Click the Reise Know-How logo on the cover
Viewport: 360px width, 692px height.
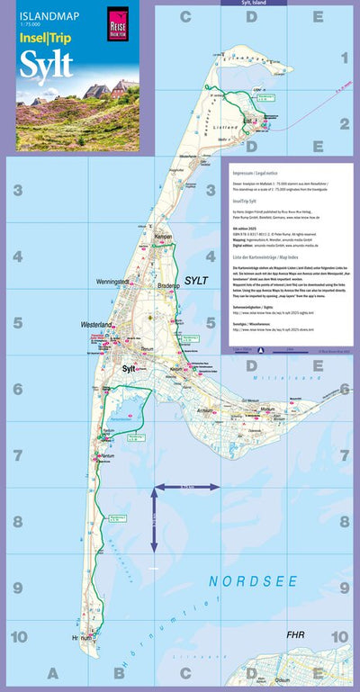(x=117, y=20)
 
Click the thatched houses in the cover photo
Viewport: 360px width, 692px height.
(x=99, y=90)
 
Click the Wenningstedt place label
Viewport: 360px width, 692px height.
(x=113, y=282)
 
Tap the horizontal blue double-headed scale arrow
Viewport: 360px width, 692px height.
(x=187, y=487)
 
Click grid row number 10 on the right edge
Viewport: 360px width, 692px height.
(x=339, y=637)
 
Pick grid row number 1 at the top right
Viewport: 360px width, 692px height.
(x=344, y=59)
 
